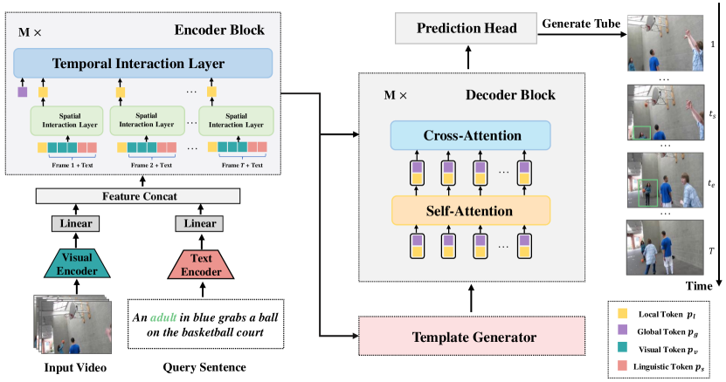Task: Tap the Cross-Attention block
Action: click(x=473, y=136)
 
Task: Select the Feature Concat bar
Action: click(x=141, y=197)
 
